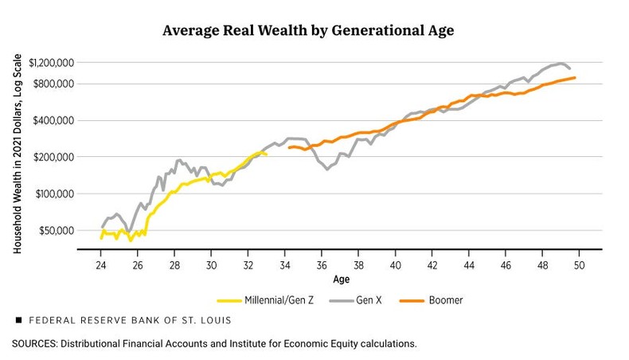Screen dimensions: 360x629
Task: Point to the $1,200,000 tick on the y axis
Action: pos(51,62)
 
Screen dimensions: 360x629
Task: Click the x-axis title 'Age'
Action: pos(341,280)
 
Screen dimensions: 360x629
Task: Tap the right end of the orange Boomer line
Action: pos(575,77)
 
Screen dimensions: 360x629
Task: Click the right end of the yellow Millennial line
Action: pos(266,155)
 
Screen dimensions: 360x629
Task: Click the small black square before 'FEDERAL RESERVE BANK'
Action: pos(18,320)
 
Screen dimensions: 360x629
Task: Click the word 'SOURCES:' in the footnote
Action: pos(34,344)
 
